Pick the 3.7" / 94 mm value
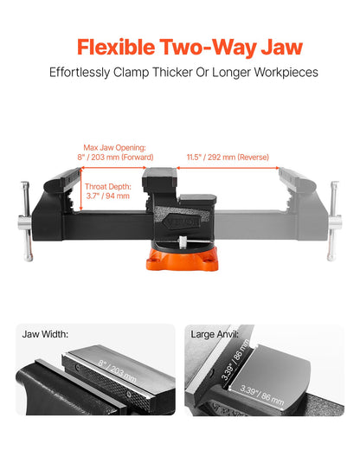pyautogui.click(x=107, y=196)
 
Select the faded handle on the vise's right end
pyautogui.click(x=331, y=223)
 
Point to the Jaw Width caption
pyautogui.click(x=44, y=334)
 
